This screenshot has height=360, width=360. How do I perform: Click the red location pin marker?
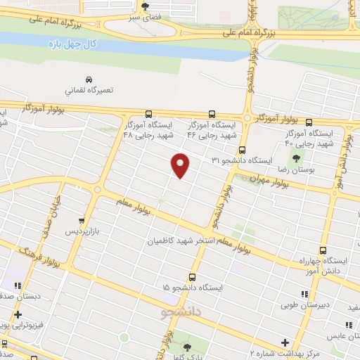[x=181, y=165]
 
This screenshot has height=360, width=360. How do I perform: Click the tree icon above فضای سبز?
[x=144, y=6]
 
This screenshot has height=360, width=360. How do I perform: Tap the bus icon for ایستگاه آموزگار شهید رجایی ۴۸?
[x=148, y=114]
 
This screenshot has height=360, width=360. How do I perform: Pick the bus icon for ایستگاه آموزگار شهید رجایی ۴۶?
[x=212, y=114]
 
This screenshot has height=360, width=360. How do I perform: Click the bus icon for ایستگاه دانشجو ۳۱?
[x=242, y=150]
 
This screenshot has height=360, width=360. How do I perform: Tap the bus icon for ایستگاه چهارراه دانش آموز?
[x=323, y=251]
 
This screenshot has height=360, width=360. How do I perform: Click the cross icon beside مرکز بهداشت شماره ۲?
[x=284, y=342]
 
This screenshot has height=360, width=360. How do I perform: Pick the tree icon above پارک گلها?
[x=187, y=347]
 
